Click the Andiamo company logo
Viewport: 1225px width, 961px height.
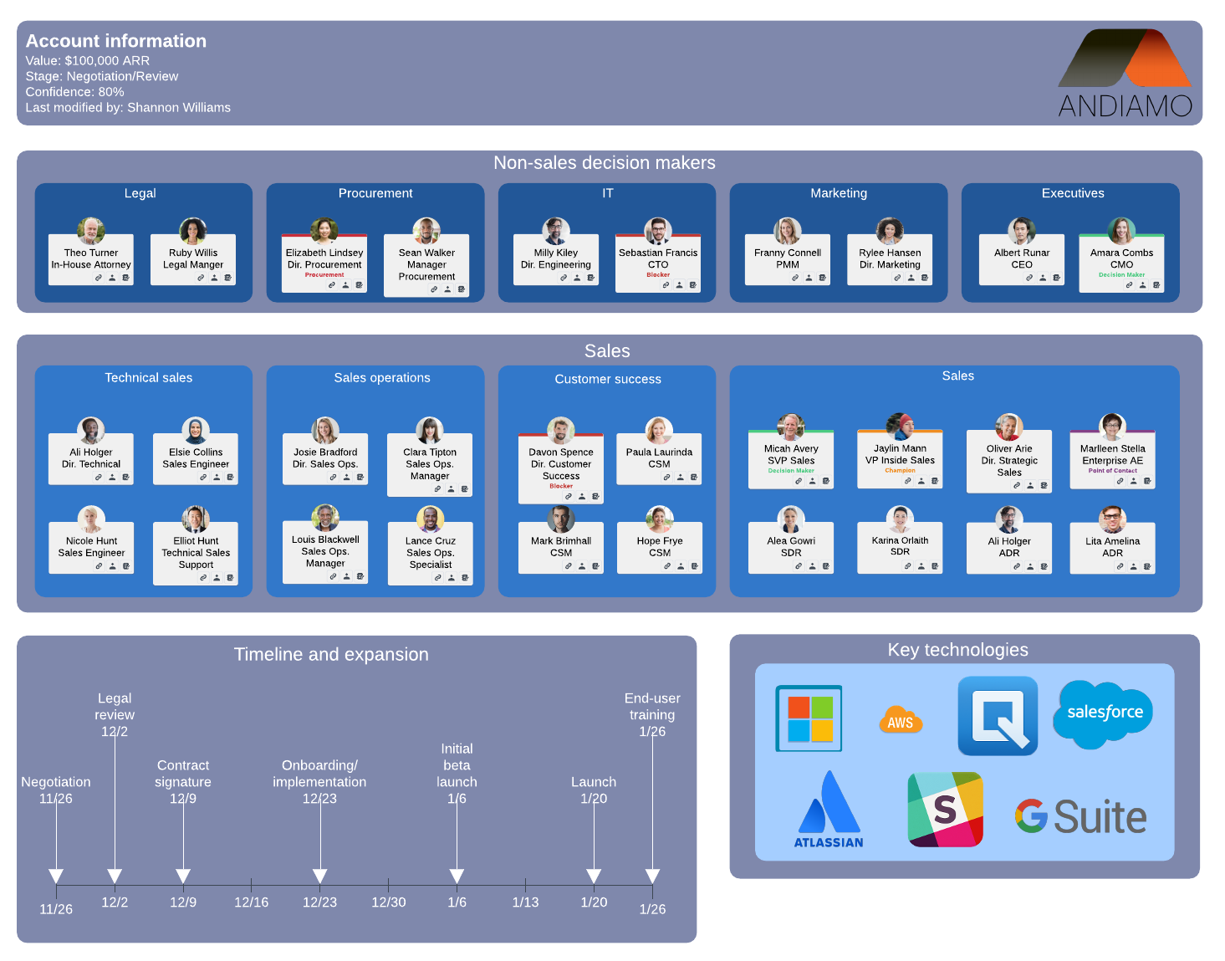click(1125, 74)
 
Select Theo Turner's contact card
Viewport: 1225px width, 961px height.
click(91, 259)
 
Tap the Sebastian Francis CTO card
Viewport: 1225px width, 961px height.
click(658, 263)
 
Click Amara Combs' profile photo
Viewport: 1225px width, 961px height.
click(1121, 230)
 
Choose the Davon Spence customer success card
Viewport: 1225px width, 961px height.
click(561, 468)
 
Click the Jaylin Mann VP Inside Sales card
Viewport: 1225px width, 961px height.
click(900, 459)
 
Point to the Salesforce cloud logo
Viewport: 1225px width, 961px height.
click(1104, 713)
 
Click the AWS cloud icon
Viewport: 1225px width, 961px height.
click(901, 720)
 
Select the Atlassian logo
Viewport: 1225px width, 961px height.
click(829, 810)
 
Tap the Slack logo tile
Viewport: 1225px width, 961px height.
click(945, 809)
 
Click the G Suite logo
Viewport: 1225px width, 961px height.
click(1080, 817)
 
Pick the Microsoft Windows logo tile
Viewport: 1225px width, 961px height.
click(809, 718)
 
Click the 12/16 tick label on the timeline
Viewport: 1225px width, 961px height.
click(251, 902)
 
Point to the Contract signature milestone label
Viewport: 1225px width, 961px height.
click(183, 774)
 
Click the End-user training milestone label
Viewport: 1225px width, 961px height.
click(652, 707)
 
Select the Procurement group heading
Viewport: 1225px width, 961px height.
click(375, 193)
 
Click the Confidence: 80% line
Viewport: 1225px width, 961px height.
click(75, 92)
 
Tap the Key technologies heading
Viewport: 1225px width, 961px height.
click(957, 650)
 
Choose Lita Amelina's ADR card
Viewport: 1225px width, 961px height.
click(1112, 547)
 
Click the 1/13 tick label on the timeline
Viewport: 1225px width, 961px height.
click(525, 902)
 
